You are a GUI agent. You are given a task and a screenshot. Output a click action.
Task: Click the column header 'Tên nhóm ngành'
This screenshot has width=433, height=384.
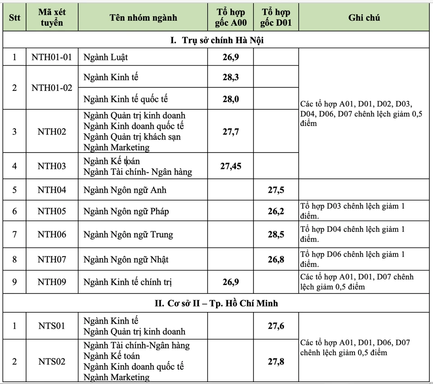143,18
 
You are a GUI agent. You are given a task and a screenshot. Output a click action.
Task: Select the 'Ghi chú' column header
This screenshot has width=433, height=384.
364,18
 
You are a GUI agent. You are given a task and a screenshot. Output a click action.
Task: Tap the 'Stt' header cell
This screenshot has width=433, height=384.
14,18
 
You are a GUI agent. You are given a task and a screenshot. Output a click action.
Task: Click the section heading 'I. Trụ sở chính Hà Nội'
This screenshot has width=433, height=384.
216,41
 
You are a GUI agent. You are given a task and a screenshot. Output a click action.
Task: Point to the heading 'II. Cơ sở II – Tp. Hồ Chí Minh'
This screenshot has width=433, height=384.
216,303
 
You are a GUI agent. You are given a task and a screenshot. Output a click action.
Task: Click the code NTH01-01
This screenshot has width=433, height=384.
51,57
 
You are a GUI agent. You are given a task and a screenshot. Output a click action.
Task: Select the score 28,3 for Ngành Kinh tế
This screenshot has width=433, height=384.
230,77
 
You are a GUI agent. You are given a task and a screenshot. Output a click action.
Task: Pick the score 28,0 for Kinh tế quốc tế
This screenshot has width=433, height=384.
230,99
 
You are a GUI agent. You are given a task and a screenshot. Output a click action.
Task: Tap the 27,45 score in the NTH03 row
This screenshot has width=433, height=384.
230,166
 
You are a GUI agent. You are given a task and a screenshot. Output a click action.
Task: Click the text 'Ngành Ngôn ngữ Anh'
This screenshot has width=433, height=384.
125,190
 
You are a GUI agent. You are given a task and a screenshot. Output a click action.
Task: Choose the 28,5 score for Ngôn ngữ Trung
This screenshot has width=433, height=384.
276,234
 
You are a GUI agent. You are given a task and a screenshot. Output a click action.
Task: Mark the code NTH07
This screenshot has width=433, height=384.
51,259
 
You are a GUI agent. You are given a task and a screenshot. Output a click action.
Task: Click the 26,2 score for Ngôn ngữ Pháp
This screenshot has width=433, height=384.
276,211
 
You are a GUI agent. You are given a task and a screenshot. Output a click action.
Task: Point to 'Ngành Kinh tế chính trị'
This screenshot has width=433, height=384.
128,282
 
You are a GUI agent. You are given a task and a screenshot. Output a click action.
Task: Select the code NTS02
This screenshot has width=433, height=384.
51,361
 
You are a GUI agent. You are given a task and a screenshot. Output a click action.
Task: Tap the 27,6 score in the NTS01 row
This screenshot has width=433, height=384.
276,326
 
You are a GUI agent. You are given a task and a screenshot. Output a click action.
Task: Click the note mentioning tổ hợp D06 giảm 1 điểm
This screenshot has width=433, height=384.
353,259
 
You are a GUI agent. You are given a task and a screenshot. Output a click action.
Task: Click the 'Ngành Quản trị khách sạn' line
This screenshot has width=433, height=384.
132,137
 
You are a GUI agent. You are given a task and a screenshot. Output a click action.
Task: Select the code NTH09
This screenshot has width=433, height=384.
51,282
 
